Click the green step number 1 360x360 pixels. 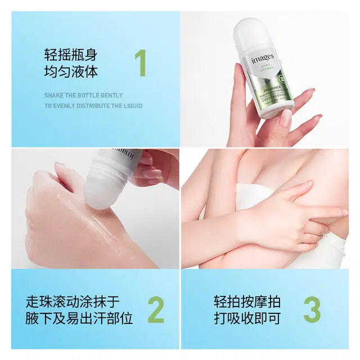pyautogui.click(x=141, y=64)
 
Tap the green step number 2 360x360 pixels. pyautogui.click(x=156, y=309)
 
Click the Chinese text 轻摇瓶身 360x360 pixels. pyautogui.click(x=71, y=55)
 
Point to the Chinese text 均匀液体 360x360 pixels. pyautogui.click(x=71, y=73)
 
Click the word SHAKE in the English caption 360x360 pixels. pyautogui.click(x=55, y=96)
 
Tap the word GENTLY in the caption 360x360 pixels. pyautogui.click(x=111, y=96)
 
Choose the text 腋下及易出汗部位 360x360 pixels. pyautogui.click(x=79, y=319)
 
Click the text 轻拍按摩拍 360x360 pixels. pyautogui.click(x=247, y=301)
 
